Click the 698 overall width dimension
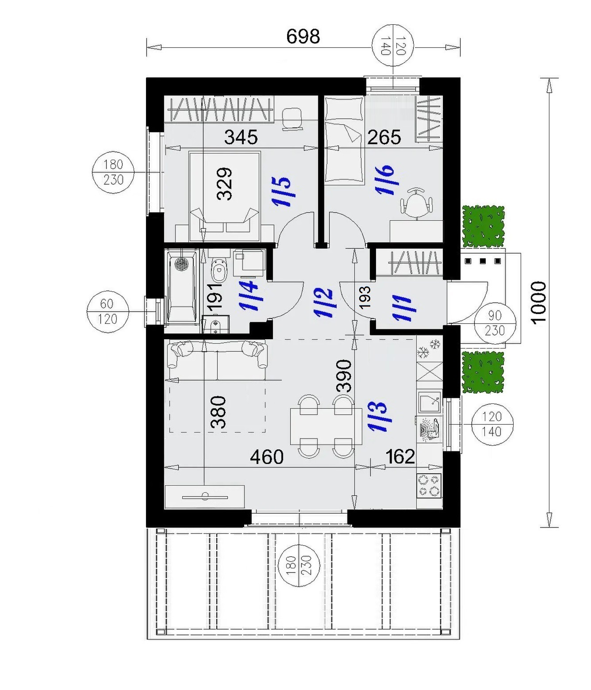coord(303,36)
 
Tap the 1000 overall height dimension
coord(538,302)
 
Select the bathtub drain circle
coord(182,264)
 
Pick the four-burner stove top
coord(429,485)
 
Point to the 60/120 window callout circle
coord(107,311)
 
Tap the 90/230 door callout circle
coord(495,323)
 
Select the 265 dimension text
coord(384,137)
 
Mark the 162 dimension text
coord(400,456)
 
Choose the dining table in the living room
coord(326,427)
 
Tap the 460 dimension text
coord(267,456)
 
